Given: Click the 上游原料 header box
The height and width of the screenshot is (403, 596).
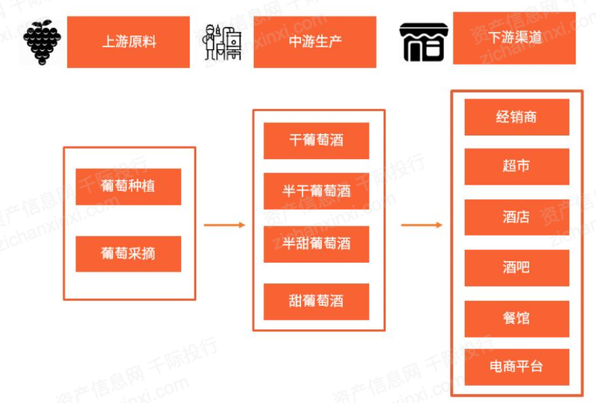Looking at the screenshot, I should pos(128,42).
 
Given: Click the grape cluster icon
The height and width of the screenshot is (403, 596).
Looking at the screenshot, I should pos(42,42).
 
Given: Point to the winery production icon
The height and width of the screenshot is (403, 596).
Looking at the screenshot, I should pos(223,42).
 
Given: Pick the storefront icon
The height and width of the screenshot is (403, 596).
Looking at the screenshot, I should pos(424,42).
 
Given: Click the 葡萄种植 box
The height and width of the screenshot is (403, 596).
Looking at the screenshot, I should pos(128,186).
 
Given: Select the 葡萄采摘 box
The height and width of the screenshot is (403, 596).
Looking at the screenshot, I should pos(128,254).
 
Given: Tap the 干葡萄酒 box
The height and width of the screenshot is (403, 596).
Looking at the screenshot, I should pos(317,140).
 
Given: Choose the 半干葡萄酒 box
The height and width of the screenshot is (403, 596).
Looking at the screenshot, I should pos(317,191).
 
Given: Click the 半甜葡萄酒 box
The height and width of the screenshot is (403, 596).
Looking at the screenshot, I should pos(317,244).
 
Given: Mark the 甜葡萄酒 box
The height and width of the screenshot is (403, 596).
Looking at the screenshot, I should pos(317,302).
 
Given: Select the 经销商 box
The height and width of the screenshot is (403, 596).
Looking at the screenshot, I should pos(516,117).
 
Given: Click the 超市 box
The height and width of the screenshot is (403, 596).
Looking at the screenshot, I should pos(516,166).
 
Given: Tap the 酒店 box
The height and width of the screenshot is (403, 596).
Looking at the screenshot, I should pos(516,217).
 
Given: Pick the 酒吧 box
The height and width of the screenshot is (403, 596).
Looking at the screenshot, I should pos(516,267).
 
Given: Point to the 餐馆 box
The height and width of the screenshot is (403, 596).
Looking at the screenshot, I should pos(516,318).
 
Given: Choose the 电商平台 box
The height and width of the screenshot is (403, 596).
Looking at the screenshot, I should pos(516,366).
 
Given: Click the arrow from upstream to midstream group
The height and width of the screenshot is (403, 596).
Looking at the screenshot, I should pos(224,225).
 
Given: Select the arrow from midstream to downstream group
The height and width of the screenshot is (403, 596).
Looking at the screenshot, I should pos(422,225).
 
